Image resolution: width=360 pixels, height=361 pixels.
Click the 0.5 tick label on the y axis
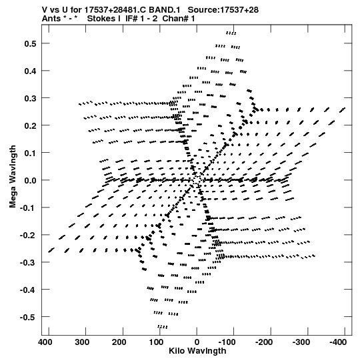click(x=30, y=43)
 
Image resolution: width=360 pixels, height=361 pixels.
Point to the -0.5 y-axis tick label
click(x=28, y=317)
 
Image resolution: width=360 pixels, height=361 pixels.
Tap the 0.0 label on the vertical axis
click(x=30, y=180)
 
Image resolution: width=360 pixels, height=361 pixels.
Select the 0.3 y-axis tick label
click(x=30, y=98)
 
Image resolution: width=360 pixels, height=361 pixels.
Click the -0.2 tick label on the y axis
click(x=28, y=235)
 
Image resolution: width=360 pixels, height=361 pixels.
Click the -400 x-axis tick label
click(x=338, y=342)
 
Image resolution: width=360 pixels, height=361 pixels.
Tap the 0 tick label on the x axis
click(x=197, y=342)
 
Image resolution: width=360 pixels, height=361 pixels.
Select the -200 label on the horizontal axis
click(x=264, y=342)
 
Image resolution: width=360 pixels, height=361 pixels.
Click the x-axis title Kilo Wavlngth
click(x=197, y=351)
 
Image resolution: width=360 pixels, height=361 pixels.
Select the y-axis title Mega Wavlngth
click(x=13, y=177)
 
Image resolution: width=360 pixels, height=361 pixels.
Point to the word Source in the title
click(x=202, y=10)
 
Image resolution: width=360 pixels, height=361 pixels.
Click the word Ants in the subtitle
click(x=51, y=19)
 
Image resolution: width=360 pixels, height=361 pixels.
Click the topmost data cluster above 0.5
click(x=231, y=33)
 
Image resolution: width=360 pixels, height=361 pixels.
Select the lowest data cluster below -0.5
click(x=163, y=327)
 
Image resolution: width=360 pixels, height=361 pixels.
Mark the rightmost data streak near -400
click(x=342, y=110)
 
